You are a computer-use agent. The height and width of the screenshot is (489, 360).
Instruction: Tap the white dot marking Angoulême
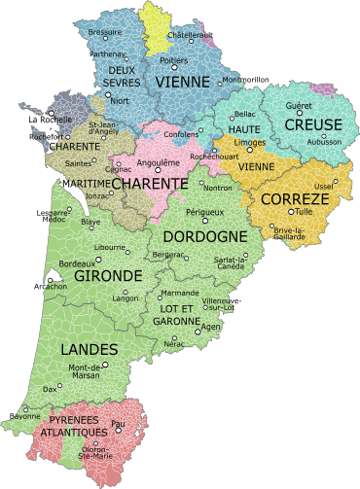pyautogui.click(x=159, y=174)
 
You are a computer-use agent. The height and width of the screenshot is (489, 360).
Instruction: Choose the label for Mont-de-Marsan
pyautogui.click(x=85, y=371)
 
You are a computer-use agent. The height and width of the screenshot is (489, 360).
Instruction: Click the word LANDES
pyautogui.click(x=89, y=349)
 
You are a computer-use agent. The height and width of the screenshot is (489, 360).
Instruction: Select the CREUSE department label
pyautogui.click(x=312, y=125)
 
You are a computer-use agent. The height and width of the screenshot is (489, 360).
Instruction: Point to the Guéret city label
pyautogui.click(x=299, y=105)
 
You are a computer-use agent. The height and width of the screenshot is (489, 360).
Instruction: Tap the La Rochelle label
pyautogui.click(x=50, y=120)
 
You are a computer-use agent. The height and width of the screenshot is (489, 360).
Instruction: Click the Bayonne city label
pyautogui.click(x=23, y=416)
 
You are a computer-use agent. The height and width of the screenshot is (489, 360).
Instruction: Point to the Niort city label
pyautogui.click(x=120, y=101)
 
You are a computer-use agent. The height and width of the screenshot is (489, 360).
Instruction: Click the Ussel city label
pyautogui.click(x=323, y=187)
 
